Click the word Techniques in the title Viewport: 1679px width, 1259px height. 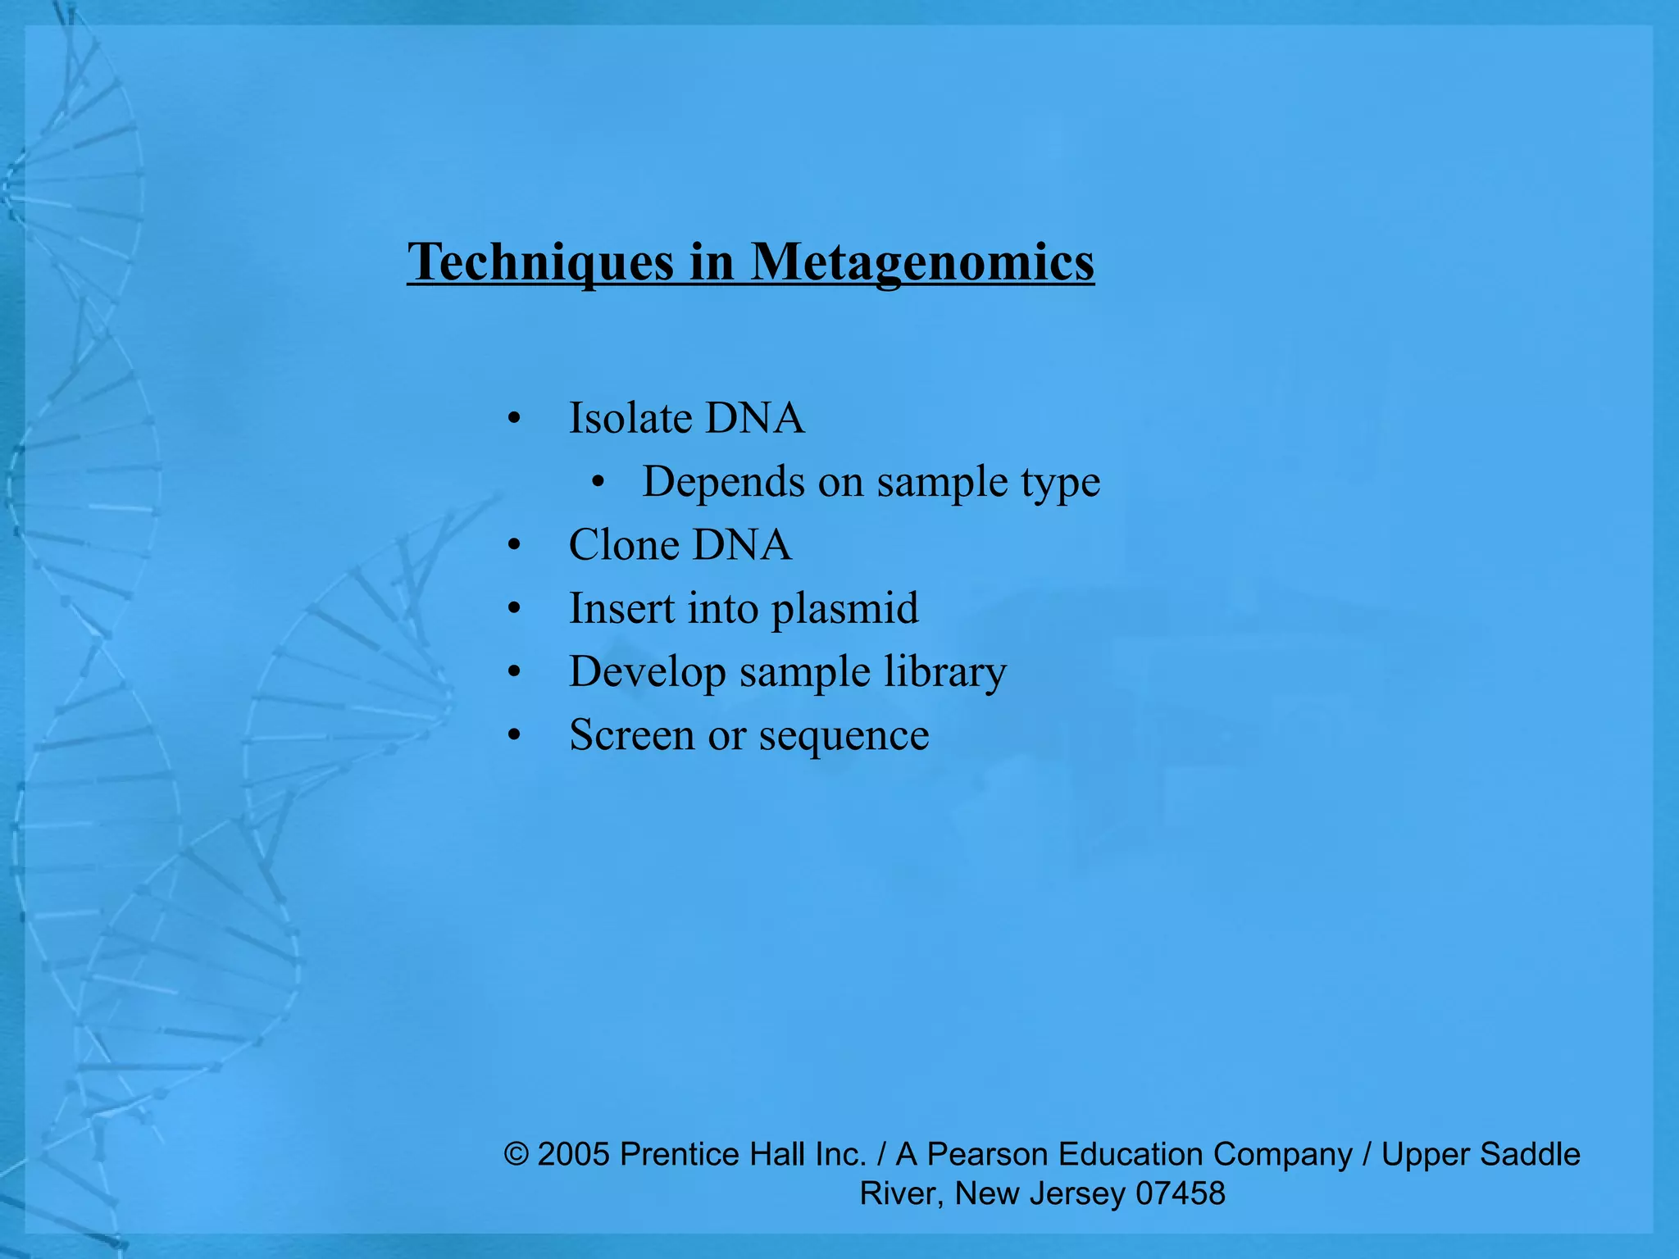click(x=541, y=262)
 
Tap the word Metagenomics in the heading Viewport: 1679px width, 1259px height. click(x=922, y=262)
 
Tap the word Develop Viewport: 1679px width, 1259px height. click(x=648, y=672)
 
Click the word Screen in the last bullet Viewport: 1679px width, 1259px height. click(x=631, y=734)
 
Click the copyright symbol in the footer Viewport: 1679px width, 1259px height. click(x=516, y=1154)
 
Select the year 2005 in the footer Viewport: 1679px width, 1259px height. click(x=574, y=1154)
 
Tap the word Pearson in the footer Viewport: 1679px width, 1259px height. click(x=988, y=1154)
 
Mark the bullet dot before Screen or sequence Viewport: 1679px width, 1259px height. click(x=514, y=736)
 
